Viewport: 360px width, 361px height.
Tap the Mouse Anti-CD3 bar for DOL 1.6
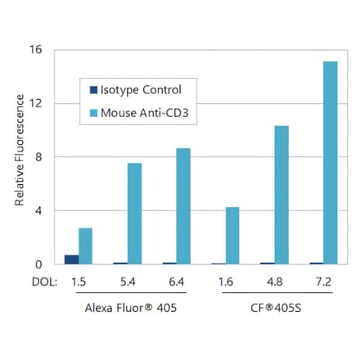[x=232, y=236]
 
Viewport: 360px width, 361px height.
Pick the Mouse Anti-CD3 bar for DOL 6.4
[x=183, y=206]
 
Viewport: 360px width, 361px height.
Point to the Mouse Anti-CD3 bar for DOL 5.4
[x=134, y=214]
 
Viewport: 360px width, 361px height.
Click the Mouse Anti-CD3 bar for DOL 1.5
[x=86, y=246]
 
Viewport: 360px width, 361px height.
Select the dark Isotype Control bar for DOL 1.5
[x=72, y=259]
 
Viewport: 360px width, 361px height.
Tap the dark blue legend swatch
[x=92, y=90]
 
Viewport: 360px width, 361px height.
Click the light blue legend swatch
[x=92, y=113]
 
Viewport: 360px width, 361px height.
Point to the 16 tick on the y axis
[x=36, y=49]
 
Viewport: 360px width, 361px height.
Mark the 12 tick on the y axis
[x=36, y=103]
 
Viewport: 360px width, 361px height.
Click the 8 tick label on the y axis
[x=38, y=157]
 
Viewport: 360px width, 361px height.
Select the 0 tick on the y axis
[x=38, y=264]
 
